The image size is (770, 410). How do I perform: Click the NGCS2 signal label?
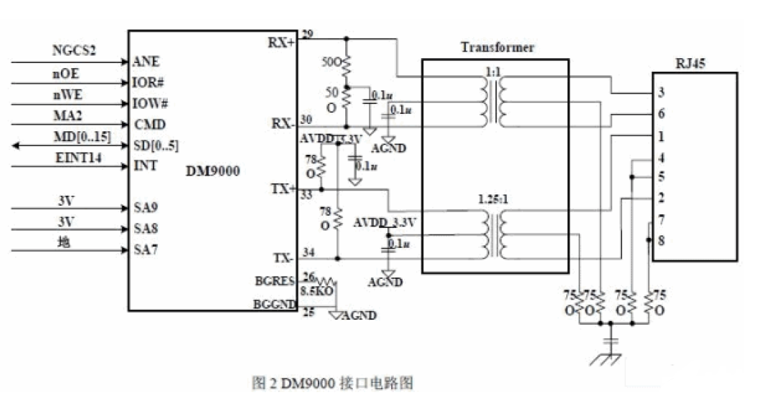coord(74,51)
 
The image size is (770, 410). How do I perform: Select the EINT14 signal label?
coord(78,155)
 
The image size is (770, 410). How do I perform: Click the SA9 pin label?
coord(146,208)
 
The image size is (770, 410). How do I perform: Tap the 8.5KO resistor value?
coord(316,292)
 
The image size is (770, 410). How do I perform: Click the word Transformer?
coord(497,48)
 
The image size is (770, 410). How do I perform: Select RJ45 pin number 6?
coord(661,114)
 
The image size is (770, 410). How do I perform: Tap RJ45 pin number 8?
coord(661,241)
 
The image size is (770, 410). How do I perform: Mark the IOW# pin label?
coord(149,103)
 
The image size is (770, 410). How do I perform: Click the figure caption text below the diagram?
coord(333,383)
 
